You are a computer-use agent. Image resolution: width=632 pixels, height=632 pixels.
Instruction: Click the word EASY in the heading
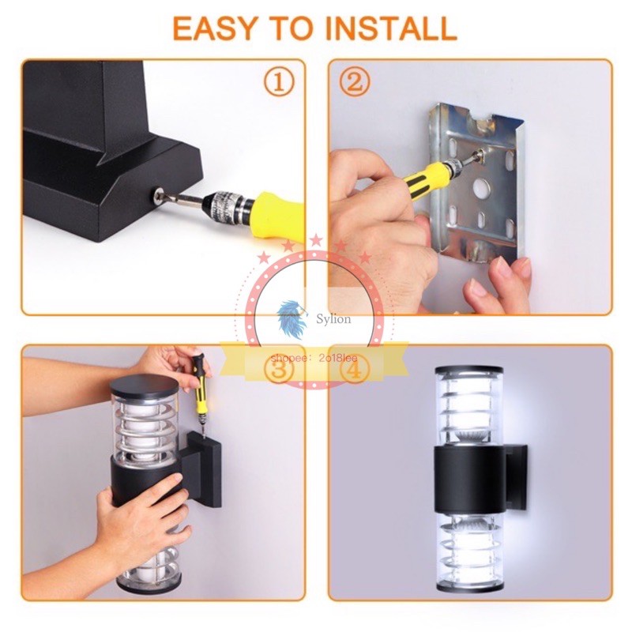click(214, 28)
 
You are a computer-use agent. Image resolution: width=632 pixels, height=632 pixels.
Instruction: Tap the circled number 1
click(279, 82)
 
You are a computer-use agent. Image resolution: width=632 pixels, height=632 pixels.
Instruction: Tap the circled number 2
click(354, 82)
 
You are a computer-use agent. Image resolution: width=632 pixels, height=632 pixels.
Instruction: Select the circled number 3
click(279, 369)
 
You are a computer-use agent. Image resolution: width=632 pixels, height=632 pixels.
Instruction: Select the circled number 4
click(354, 369)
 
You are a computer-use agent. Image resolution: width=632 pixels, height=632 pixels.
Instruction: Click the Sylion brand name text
click(333, 319)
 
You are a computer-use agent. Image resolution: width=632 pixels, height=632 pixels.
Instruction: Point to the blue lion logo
click(291, 318)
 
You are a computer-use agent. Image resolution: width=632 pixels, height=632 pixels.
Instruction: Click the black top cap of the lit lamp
click(468, 369)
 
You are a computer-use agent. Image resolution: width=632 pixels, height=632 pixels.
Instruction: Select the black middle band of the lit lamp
click(469, 480)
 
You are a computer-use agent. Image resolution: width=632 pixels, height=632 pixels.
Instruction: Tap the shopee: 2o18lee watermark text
click(314, 358)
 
